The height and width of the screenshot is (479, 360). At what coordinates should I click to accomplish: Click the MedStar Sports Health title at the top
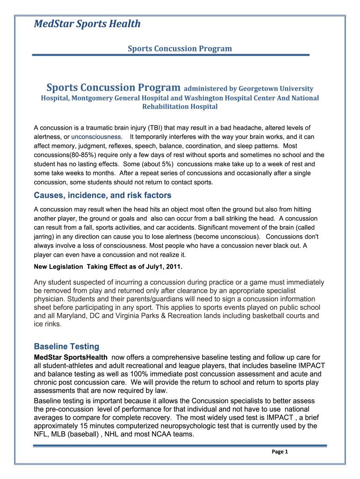coord(87,24)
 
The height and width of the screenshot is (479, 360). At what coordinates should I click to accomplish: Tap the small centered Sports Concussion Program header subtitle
coord(180,48)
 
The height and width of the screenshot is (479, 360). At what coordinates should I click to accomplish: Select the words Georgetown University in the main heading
coord(276,88)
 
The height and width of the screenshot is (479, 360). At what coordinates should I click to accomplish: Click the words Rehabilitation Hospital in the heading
coord(180,107)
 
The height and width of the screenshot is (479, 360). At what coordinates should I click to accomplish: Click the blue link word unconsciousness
coord(96,137)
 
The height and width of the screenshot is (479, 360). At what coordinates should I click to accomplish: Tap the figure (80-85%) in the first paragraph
coord(84,155)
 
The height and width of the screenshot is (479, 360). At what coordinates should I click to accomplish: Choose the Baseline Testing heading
coord(66,347)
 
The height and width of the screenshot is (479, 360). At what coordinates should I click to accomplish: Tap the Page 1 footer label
coord(279,451)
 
